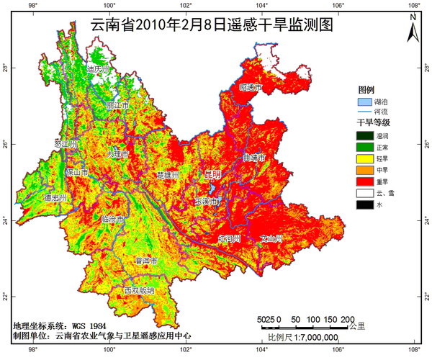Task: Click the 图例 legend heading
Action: (366, 90)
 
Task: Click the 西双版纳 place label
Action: (138, 291)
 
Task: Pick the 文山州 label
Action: (271, 238)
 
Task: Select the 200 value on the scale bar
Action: (346, 319)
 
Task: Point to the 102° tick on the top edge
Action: (185, 6)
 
